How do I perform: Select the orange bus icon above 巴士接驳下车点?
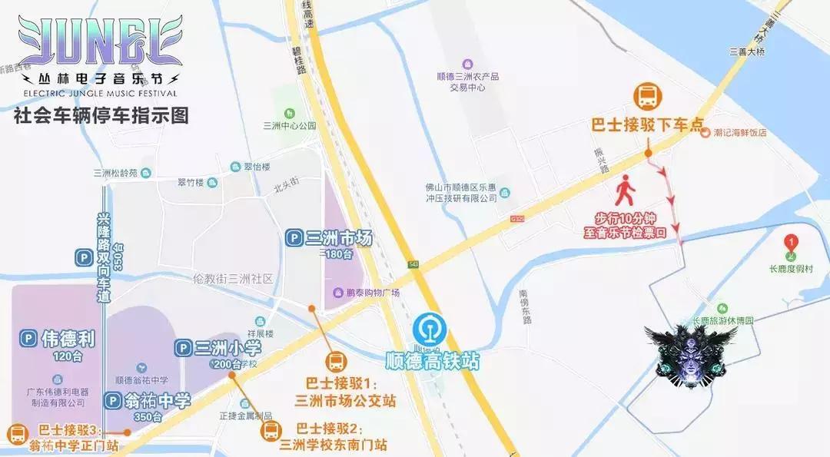point(647,98)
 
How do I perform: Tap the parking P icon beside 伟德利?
point(28,338)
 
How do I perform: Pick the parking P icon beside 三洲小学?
point(184,349)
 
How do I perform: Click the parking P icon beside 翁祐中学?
point(113,401)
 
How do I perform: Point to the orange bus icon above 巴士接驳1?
point(337,362)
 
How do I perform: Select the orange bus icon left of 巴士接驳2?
point(271,432)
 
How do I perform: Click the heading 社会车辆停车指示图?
point(101,117)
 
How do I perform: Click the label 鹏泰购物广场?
point(373,293)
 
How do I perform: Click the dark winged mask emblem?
point(690,356)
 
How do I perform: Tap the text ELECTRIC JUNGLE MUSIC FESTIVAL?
point(95,94)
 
